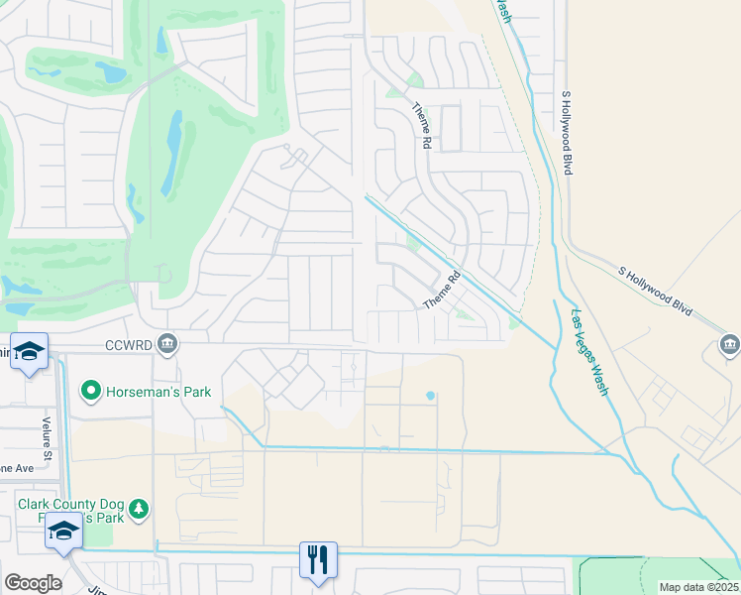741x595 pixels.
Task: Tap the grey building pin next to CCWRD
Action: (x=167, y=344)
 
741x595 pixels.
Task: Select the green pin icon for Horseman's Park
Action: (x=91, y=392)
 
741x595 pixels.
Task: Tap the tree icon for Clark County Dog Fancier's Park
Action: (x=140, y=509)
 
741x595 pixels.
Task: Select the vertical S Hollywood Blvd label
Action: (x=566, y=134)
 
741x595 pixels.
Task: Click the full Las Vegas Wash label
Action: (x=588, y=353)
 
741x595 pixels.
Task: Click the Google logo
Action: (x=33, y=583)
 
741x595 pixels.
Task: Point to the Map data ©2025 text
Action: (x=698, y=587)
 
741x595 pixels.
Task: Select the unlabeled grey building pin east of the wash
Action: (x=729, y=345)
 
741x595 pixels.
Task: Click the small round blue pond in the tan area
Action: (x=430, y=396)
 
